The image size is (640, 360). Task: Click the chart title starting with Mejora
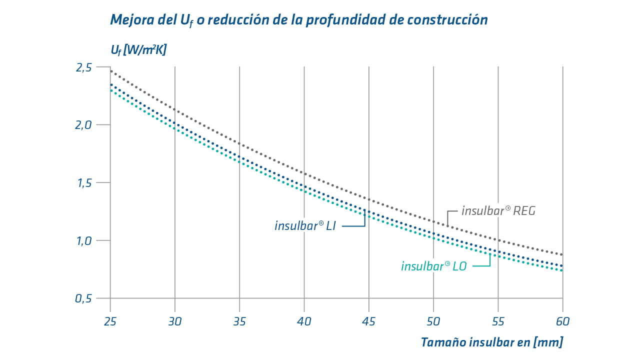tap(298, 20)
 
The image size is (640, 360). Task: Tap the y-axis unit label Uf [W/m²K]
tap(138, 50)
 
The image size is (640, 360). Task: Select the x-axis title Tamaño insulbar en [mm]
tap(491, 342)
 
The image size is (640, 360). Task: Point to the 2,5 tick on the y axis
tap(83, 67)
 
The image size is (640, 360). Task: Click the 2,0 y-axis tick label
tap(83, 125)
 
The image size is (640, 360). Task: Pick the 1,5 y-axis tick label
tap(83, 183)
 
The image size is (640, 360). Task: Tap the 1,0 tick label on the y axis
tap(83, 240)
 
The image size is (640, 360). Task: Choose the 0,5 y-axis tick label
tap(83, 298)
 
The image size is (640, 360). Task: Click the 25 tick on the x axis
tap(110, 320)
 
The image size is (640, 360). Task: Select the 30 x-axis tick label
tap(175, 320)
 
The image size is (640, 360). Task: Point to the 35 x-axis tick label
tap(239, 320)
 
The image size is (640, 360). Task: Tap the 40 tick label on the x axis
tap(304, 320)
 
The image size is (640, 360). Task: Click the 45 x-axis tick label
tap(369, 320)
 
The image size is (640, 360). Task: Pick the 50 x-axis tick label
tap(433, 320)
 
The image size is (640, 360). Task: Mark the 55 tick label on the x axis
tap(498, 320)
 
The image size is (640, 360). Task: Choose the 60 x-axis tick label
tap(562, 320)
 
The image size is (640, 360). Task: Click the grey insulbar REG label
tap(498, 211)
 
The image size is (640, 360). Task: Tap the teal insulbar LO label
tap(433, 266)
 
